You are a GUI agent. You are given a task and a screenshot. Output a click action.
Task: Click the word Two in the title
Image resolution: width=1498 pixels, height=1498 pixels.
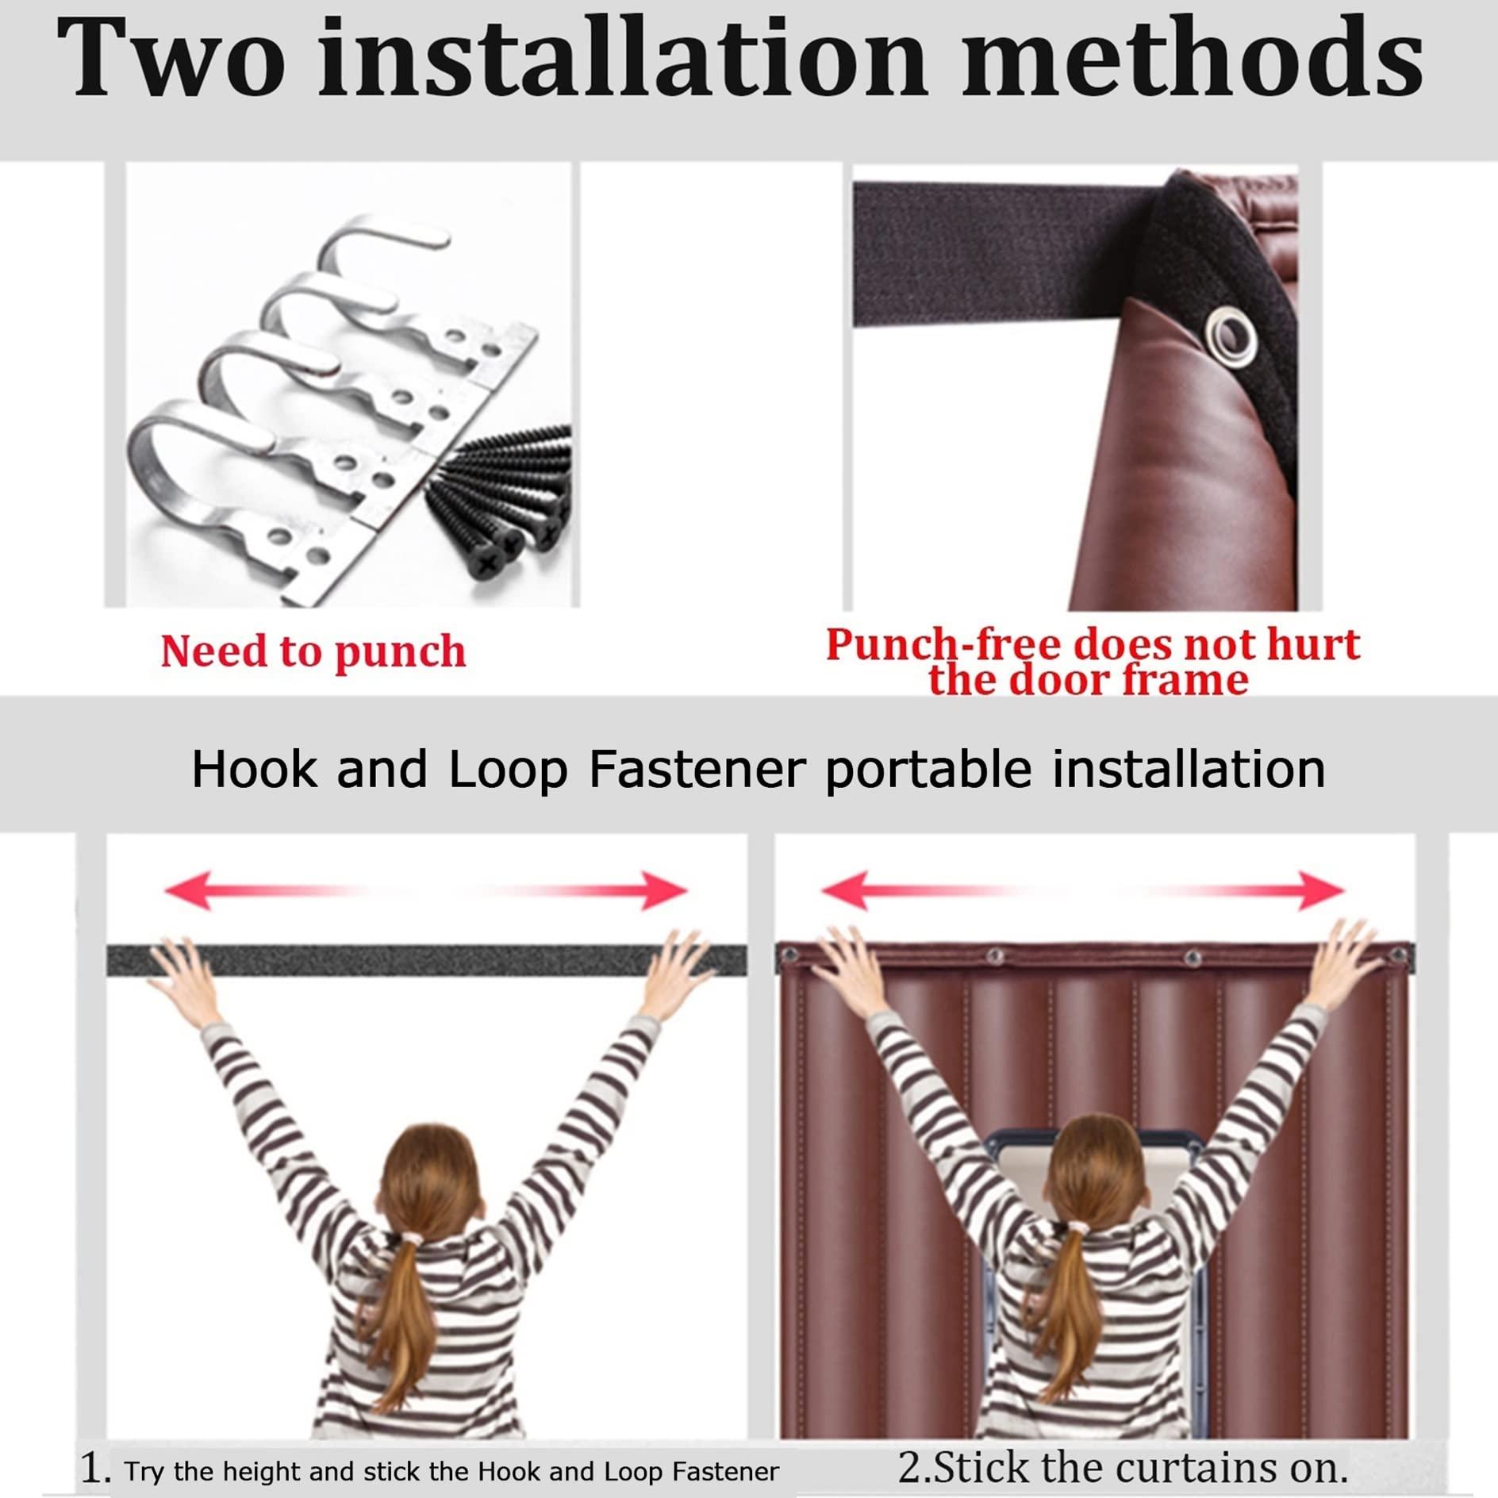tap(171, 59)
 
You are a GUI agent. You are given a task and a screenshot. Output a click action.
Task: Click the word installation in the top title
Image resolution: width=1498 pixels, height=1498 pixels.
tap(623, 59)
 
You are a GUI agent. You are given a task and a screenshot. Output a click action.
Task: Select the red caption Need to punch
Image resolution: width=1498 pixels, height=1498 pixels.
tap(313, 652)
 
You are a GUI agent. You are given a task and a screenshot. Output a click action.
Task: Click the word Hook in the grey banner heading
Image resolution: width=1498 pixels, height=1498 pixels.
tap(254, 770)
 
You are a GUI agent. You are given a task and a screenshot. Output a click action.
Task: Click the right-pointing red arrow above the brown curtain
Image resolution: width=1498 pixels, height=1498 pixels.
tap(1239, 889)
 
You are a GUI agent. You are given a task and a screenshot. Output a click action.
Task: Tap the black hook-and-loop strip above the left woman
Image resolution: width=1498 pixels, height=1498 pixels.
tap(427, 960)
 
